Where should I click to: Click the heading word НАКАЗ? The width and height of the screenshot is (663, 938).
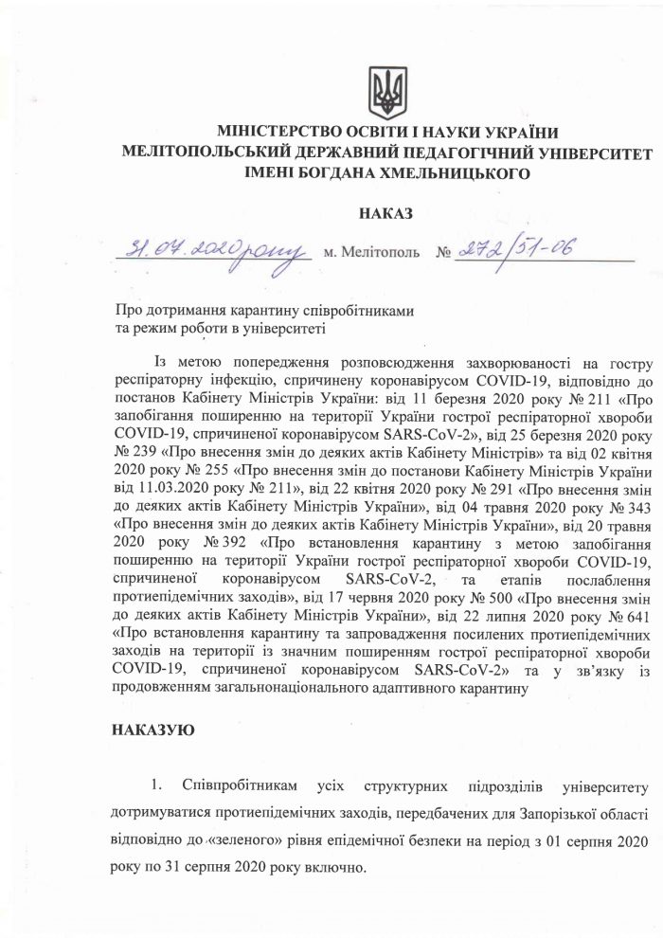tap(386, 215)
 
